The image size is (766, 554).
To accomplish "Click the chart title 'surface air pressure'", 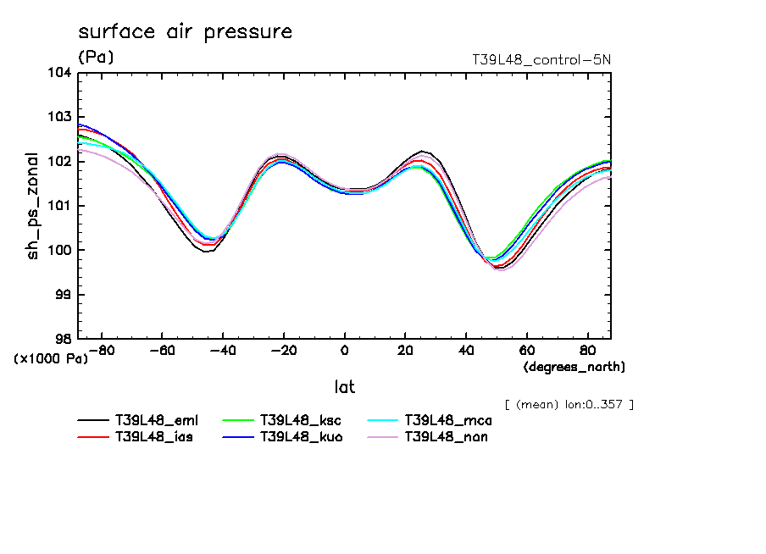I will coord(185,32).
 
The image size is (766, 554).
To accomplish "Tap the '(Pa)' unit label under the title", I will coord(95,58).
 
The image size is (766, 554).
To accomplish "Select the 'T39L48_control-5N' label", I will coord(541,60).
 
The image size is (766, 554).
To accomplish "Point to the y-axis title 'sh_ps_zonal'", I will coord(33,206).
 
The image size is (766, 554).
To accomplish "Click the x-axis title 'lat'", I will coord(344,387).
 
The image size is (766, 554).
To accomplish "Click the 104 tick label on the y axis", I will coord(58,73).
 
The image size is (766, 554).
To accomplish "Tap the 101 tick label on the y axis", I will coord(58,206).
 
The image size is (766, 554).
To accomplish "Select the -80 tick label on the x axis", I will coord(101,351).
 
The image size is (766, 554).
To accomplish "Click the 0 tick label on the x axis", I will coord(344,351).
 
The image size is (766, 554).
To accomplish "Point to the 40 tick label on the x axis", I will coord(466,351).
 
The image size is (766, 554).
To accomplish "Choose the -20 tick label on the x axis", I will coord(283,351).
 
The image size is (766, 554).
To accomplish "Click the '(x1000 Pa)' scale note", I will coord(50,359).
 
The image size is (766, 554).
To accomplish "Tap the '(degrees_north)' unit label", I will coord(574,367).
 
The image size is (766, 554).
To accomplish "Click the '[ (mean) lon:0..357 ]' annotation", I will coord(569,404).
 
